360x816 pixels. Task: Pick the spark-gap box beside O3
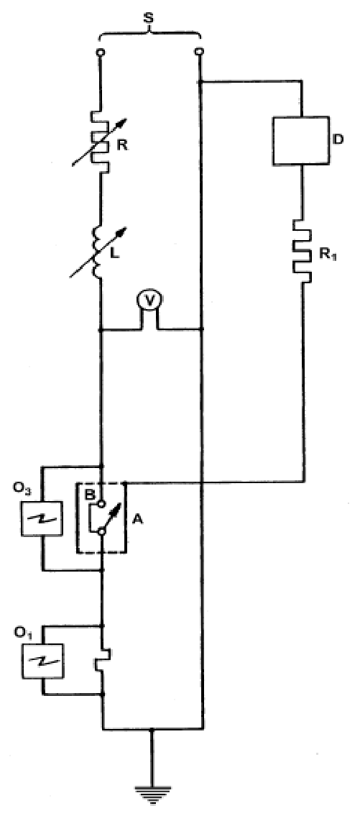(x=42, y=518)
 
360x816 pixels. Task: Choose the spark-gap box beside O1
(x=42, y=661)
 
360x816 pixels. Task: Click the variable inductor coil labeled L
(x=99, y=252)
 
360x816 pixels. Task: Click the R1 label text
(x=328, y=255)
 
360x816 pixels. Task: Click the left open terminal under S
(x=101, y=52)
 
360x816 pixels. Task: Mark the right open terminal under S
(x=199, y=52)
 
